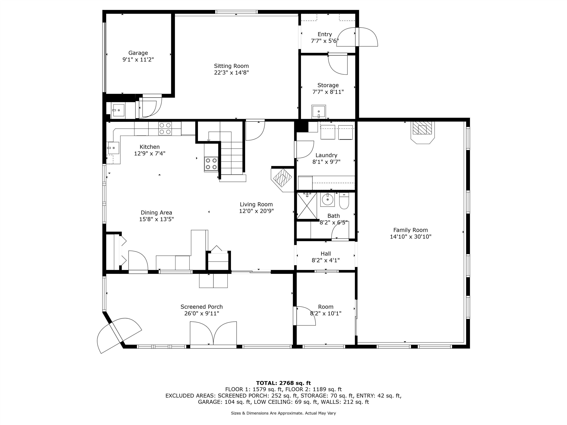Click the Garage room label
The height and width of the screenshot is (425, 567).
coord(138,53)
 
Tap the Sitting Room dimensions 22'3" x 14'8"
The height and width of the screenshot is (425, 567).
coord(231,73)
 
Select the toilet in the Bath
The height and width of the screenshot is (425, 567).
coord(344,201)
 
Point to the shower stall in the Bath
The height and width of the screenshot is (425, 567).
coord(307,206)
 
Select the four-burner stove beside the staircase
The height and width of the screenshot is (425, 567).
coord(211,164)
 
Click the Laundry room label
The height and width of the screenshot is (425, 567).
coord(326,155)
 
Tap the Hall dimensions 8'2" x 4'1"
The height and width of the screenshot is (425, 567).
coord(326,260)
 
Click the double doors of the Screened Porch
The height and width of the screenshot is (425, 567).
coord(213,334)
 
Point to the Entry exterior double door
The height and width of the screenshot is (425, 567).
coord(357,37)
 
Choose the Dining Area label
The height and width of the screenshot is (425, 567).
coord(156,213)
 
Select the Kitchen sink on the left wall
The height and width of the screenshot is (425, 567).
coord(114,148)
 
